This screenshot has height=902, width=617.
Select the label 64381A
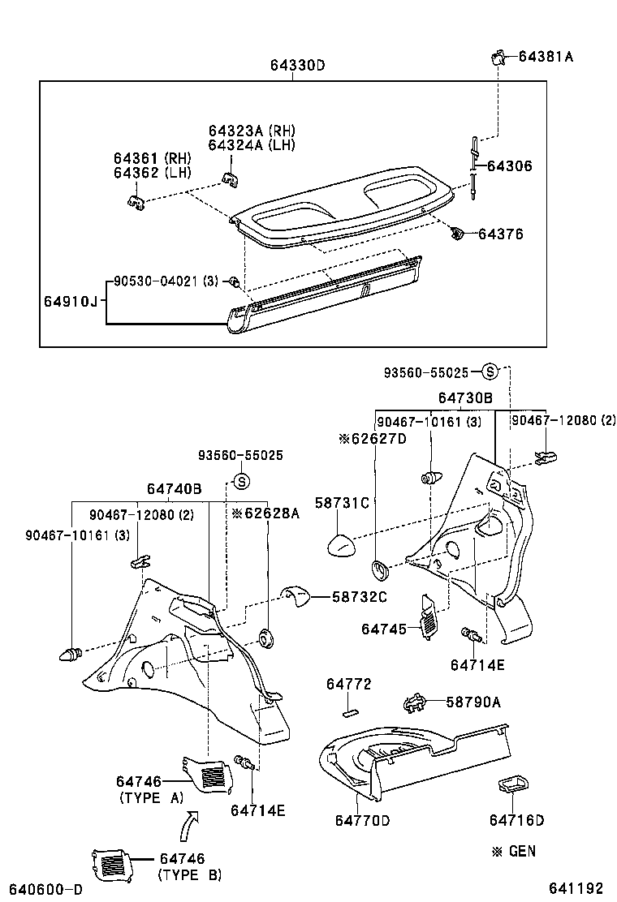546,57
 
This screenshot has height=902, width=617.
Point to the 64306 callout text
510,165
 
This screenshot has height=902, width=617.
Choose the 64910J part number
71,302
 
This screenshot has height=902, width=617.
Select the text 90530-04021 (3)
166,281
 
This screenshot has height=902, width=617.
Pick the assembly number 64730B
465,398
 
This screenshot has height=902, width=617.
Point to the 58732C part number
359,597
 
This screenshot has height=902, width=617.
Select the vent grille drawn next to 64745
427,617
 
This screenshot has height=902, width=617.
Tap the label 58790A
474,702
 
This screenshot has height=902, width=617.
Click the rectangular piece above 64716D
510,784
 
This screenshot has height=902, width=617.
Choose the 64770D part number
362,821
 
